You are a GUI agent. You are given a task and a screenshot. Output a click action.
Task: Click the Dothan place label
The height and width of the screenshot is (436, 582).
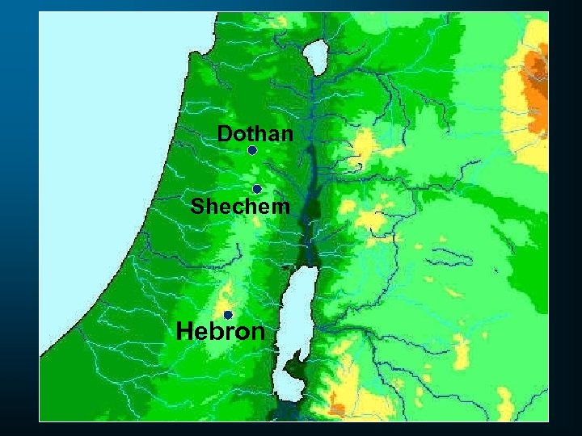pos(255,133)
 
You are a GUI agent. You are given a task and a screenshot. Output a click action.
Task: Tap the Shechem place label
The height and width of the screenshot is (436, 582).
pos(240,207)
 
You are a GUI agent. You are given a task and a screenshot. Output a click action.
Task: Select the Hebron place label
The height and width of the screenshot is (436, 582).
pos(220,331)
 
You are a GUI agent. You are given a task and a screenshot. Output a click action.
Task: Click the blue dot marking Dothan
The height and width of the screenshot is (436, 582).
pos(252,151)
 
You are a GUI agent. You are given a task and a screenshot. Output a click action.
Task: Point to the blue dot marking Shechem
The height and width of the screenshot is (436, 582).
pos(256,189)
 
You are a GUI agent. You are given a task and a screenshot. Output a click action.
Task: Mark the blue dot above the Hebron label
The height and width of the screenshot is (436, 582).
pos(228,315)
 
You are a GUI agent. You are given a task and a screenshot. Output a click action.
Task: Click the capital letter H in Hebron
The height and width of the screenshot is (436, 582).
pos(185,331)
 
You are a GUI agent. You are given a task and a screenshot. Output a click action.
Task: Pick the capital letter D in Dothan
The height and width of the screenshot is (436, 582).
pos(225,133)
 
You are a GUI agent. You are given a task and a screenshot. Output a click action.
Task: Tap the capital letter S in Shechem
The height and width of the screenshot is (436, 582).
pos(197,207)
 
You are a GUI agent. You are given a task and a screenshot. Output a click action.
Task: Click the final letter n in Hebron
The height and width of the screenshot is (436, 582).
pos(257,332)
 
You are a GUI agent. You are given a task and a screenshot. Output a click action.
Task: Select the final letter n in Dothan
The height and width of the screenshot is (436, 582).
pos(285,134)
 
